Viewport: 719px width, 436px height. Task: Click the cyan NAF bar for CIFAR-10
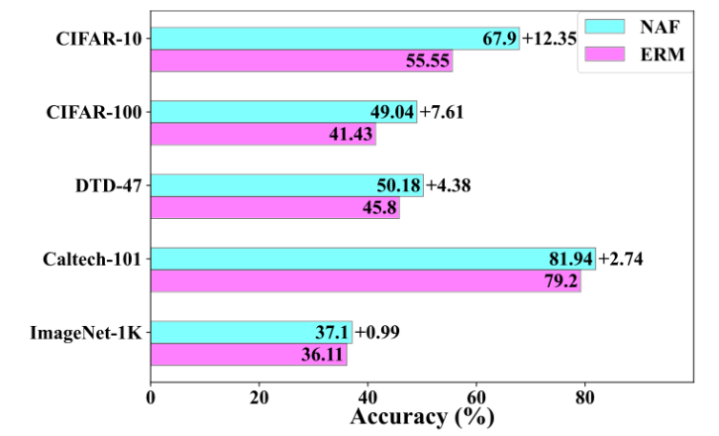[x=335, y=39]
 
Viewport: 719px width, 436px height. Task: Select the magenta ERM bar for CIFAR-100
[x=263, y=134]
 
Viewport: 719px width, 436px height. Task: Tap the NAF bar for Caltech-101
[x=373, y=259]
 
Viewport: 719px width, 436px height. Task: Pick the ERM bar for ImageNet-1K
[x=249, y=355]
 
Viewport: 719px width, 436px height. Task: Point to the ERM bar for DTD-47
[x=275, y=207]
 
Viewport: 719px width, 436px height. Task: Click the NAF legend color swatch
[x=605, y=27]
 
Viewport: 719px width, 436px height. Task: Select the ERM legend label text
[x=663, y=54]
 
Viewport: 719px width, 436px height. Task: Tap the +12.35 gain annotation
[x=550, y=39]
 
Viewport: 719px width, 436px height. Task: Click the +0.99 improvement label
[x=377, y=332]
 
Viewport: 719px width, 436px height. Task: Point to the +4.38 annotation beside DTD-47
[x=449, y=185]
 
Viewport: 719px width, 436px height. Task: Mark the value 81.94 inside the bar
[x=570, y=260]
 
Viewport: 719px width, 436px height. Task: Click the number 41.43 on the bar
[x=351, y=134]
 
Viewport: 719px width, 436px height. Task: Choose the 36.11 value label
[x=322, y=355]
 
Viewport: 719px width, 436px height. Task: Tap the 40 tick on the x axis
[x=367, y=397]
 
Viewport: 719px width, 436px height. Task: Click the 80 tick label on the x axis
[x=584, y=397]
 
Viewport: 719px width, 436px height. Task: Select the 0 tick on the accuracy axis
[x=151, y=397]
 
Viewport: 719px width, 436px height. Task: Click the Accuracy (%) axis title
[x=422, y=417]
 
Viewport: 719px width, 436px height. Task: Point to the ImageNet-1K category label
[x=86, y=333]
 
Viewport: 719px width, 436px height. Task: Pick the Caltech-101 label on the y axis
[x=92, y=260]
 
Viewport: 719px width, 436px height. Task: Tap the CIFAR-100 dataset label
[x=94, y=112]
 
